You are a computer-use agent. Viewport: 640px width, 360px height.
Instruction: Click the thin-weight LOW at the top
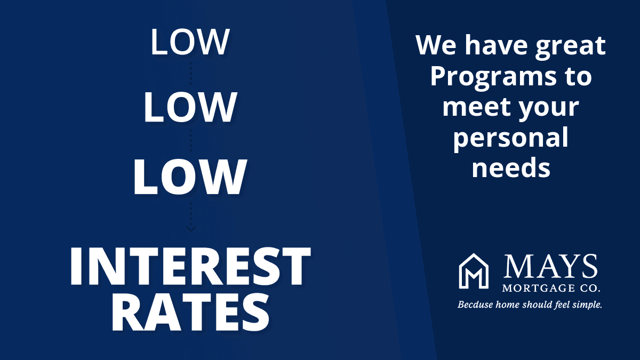click(x=190, y=42)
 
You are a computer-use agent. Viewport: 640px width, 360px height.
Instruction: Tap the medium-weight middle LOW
click(x=190, y=107)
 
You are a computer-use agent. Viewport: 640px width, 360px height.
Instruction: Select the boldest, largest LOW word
click(x=190, y=177)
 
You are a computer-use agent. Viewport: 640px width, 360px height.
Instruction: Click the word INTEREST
click(x=190, y=266)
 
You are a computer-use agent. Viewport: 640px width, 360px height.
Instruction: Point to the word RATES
click(x=190, y=313)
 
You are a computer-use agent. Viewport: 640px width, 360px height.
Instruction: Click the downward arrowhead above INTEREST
click(x=190, y=229)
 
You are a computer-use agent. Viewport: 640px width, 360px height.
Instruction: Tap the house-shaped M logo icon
click(x=474, y=271)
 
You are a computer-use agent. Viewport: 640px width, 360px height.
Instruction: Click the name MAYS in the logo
click(x=550, y=266)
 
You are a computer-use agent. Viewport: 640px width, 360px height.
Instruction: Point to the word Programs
click(x=493, y=77)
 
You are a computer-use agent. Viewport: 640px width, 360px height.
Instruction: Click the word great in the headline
click(x=570, y=46)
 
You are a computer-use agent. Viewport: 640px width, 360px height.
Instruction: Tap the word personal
click(x=510, y=138)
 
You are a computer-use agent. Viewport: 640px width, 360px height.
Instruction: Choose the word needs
click(x=511, y=167)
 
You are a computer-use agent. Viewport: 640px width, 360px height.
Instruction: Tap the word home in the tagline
click(x=509, y=305)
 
